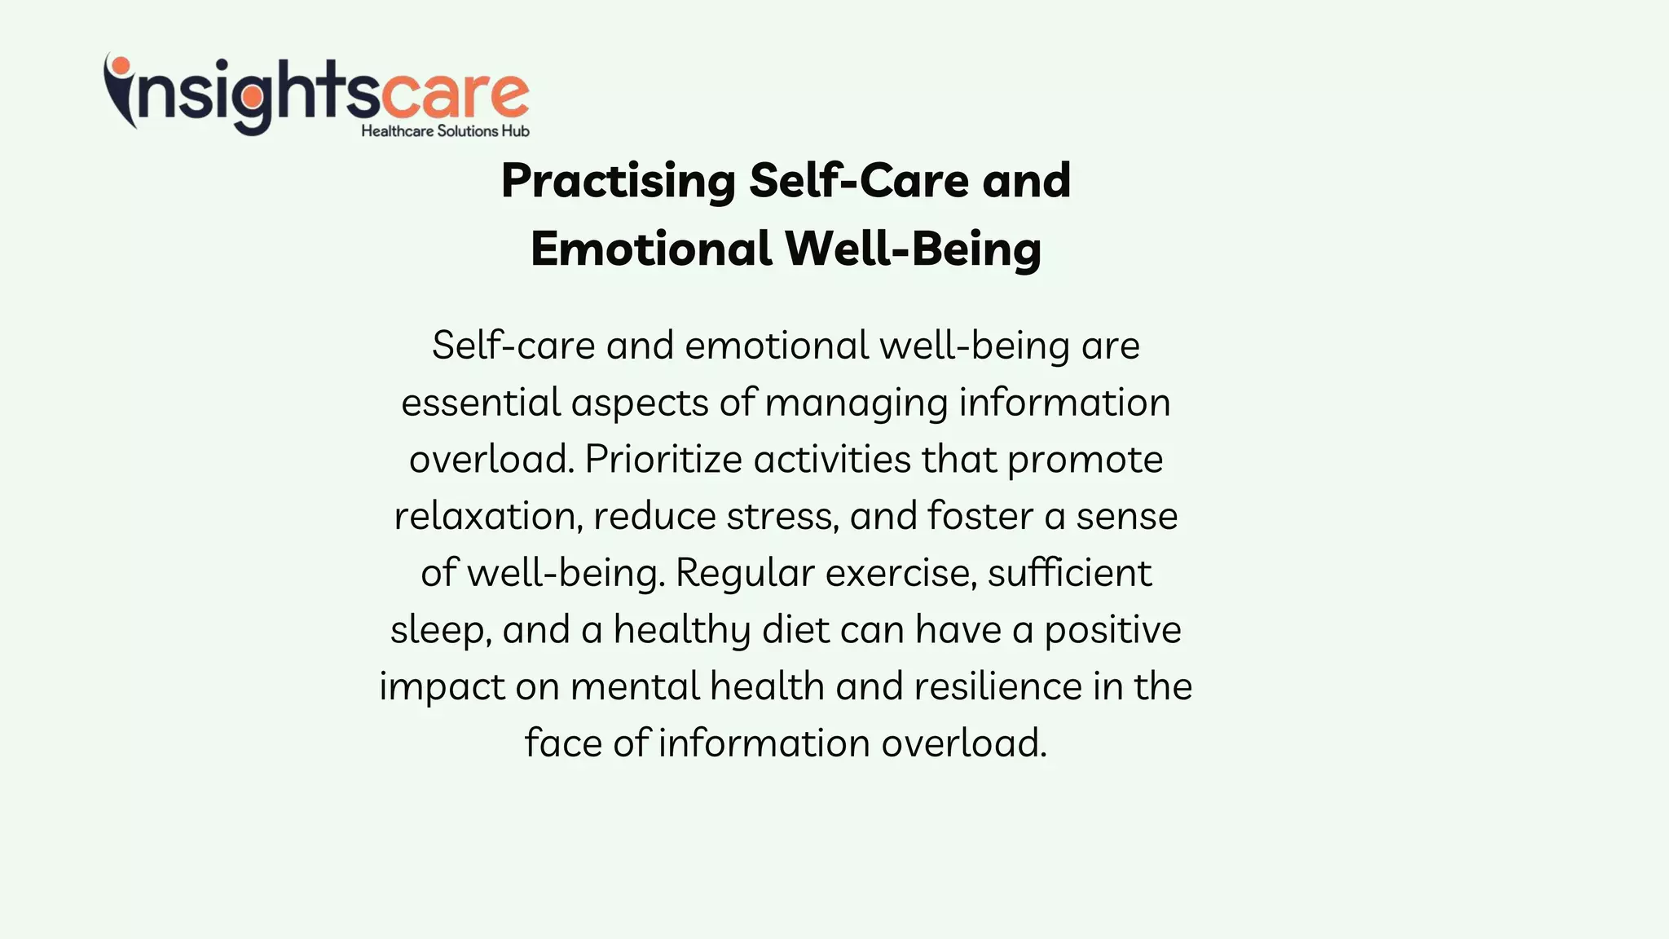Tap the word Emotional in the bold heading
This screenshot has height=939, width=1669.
pos(650,249)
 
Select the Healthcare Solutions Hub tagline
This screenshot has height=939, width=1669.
pos(445,131)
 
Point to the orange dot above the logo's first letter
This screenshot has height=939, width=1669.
pos(121,65)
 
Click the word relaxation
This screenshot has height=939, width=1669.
pos(486,517)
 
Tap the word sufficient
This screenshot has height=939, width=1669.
pos(1069,573)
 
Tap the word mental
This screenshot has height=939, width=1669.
pos(635,686)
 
